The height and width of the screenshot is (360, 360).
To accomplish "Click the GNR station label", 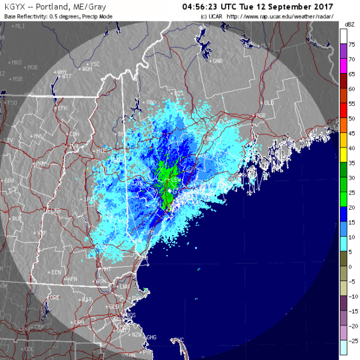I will click(218, 60).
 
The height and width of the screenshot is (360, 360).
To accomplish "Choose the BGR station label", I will click(261, 115).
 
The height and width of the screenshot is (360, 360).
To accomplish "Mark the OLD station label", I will click(269, 103).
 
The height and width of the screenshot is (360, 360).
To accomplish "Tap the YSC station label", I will click(95, 63).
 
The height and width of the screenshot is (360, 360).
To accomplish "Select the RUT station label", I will click(17, 219).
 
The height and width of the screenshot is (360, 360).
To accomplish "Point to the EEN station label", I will click(56, 271).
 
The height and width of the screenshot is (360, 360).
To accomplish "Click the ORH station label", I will click(79, 322).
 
